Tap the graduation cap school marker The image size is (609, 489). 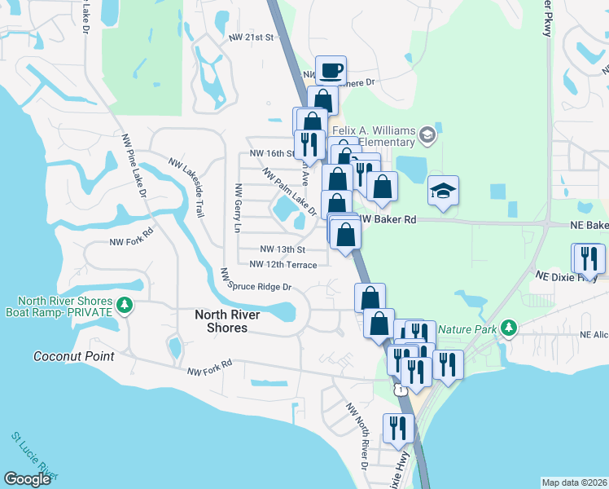(444, 191)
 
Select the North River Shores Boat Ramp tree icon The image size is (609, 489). (124, 306)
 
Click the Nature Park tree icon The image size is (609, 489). (509, 328)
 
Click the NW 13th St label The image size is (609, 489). (282, 249)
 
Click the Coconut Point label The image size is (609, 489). (73, 356)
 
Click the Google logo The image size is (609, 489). (28, 479)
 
